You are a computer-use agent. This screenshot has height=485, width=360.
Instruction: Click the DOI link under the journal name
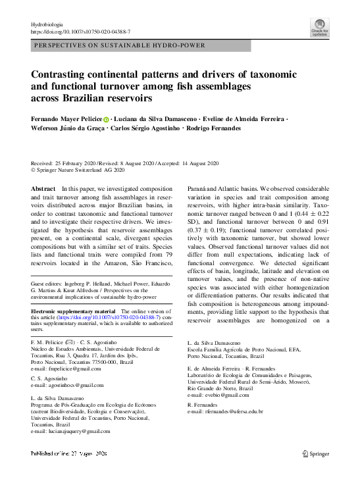[80, 32]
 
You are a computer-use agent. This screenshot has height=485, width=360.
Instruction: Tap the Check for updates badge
[320, 28]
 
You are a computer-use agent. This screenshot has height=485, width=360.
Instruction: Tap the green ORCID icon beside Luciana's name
[106, 118]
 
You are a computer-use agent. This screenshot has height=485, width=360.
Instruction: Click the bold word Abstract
[43, 189]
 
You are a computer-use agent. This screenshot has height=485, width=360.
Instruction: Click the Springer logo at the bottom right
[316, 453]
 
